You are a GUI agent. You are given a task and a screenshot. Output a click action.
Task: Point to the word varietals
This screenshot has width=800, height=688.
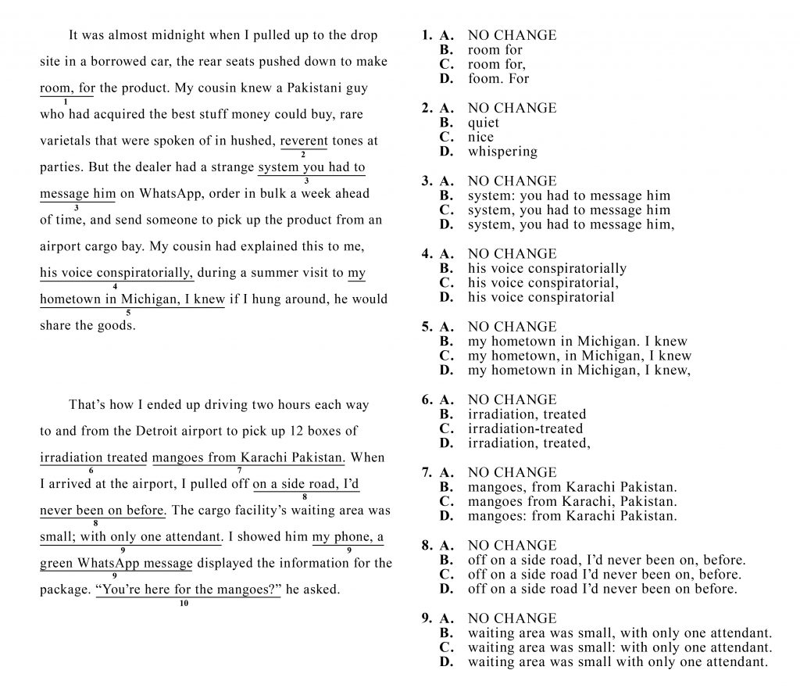(68, 142)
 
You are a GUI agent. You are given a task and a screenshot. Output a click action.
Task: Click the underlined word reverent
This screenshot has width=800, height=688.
(304, 142)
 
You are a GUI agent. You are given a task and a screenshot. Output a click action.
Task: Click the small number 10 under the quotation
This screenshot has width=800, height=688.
(184, 603)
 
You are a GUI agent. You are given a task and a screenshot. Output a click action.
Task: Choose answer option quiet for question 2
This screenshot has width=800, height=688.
(483, 123)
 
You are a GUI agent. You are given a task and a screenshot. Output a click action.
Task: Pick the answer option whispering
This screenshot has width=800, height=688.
(502, 152)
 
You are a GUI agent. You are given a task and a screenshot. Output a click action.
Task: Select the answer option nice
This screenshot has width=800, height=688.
(480, 138)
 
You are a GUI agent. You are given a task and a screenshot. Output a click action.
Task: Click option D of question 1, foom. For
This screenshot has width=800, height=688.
(498, 79)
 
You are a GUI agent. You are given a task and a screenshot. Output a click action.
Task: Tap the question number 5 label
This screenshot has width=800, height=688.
(427, 327)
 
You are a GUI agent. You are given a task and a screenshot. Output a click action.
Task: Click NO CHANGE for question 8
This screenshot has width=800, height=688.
(512, 546)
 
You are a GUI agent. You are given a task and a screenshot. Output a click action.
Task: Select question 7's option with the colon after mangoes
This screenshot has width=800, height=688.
(572, 516)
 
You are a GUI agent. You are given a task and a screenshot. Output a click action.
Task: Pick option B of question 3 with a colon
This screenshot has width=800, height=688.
(569, 195)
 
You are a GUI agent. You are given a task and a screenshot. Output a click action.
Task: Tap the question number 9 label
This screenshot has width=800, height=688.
(427, 618)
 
